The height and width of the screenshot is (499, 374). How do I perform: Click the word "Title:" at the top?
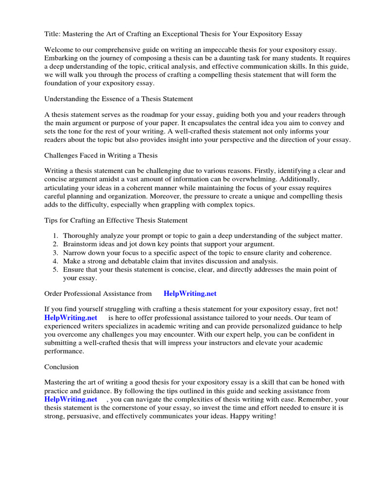[53, 34]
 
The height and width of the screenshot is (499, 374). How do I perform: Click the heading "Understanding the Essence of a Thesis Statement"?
[119, 99]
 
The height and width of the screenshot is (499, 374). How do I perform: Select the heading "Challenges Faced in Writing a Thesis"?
[101, 155]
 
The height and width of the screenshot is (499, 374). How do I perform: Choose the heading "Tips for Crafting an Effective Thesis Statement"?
[116, 220]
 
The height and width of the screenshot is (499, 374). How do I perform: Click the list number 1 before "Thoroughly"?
[55, 236]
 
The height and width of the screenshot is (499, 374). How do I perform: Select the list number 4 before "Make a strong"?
[55, 261]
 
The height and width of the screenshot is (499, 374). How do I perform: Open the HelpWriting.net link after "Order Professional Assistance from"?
[190, 294]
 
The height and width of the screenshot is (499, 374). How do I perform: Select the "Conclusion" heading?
[61, 366]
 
